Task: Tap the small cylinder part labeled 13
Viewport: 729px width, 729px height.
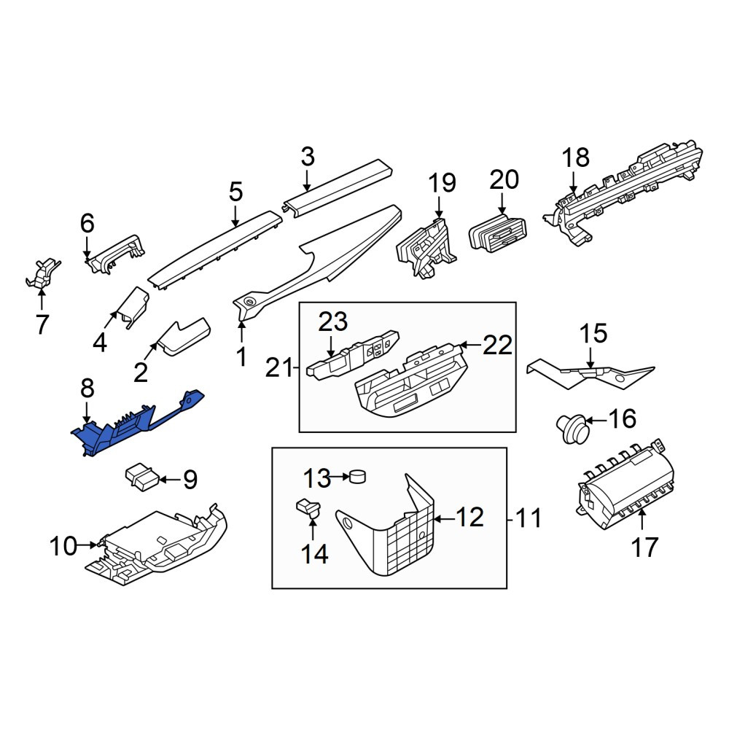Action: point(357,476)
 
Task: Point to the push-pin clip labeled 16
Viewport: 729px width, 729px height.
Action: point(573,427)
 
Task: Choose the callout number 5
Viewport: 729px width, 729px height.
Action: point(235,192)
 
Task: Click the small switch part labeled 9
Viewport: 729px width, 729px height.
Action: point(142,477)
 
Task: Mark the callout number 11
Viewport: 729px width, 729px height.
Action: point(528,518)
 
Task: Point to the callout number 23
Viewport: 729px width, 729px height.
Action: point(333,321)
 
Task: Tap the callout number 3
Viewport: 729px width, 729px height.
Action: point(308,157)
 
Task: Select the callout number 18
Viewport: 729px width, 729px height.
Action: point(576,157)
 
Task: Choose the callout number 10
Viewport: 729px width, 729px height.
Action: point(63,546)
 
